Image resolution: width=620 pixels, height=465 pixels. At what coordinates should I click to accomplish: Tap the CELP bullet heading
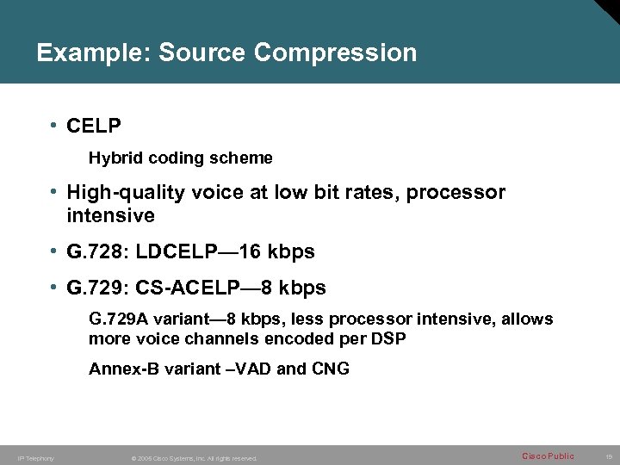pyautogui.click(x=94, y=127)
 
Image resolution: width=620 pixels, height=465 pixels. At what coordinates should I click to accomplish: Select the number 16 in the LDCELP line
pyautogui.click(x=250, y=252)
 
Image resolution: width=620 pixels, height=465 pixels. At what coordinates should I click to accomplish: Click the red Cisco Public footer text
pyautogui.click(x=548, y=456)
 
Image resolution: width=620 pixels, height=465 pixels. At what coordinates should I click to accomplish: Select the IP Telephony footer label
pyautogui.click(x=35, y=458)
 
